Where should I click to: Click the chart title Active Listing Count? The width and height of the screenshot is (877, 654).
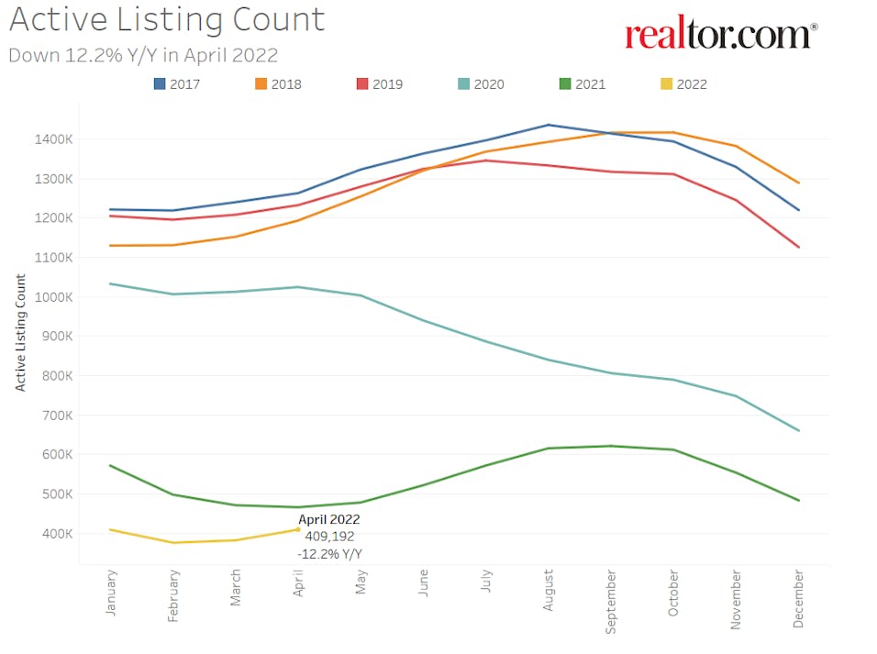click(166, 19)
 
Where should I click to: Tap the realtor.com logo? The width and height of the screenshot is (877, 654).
click(721, 35)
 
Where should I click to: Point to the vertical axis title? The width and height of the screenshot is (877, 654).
click(19, 332)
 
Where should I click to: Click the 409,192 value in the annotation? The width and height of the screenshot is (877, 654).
click(330, 537)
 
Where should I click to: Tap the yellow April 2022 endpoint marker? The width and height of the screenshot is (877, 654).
click(298, 529)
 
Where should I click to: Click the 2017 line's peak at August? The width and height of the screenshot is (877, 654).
click(549, 125)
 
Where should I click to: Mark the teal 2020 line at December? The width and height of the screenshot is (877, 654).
click(798, 430)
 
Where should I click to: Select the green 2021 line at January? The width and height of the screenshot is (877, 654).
click(111, 466)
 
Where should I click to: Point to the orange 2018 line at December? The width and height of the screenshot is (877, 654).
click(798, 183)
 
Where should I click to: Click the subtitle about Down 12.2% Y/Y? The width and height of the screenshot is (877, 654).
click(143, 54)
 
